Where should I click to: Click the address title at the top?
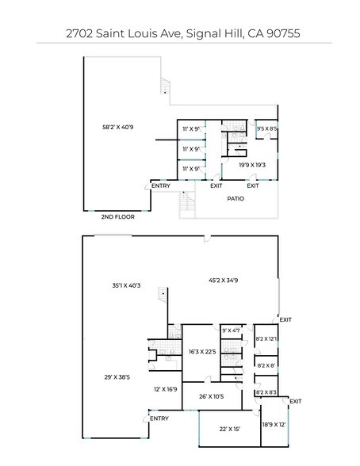180,34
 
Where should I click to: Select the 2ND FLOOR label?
117,216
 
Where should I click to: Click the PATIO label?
236,198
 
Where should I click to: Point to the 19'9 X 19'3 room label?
251,165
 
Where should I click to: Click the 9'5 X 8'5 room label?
266,128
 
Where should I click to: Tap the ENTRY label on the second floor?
161,186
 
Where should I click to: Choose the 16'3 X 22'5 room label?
202,351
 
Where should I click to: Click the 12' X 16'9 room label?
165,389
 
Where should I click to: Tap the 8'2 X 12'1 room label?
266,339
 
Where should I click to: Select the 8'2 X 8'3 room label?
266,392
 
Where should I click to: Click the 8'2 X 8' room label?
266,365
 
